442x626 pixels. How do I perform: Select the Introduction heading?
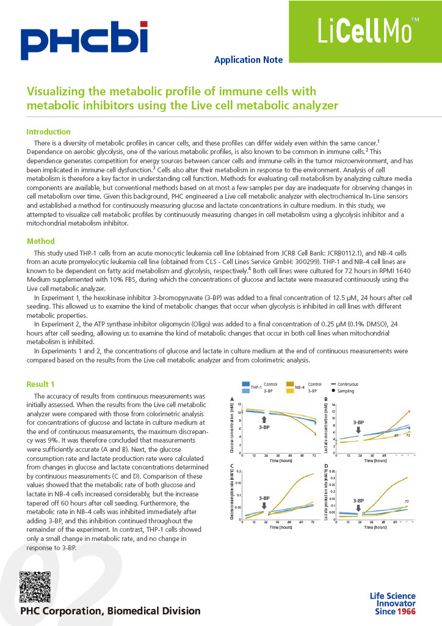[x=48, y=131]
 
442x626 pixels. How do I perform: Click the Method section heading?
[x=40, y=241]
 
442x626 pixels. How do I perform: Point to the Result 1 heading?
[x=40, y=384]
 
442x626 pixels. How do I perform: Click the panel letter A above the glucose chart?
[x=231, y=400]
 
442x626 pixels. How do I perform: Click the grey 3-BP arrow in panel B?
[x=360, y=430]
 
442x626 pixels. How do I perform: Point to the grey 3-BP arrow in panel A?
[x=264, y=419]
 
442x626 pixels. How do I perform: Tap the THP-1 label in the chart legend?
[x=256, y=387]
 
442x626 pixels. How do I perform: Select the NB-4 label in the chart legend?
[x=300, y=387]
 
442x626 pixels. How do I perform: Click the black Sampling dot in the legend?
[x=333, y=389]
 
